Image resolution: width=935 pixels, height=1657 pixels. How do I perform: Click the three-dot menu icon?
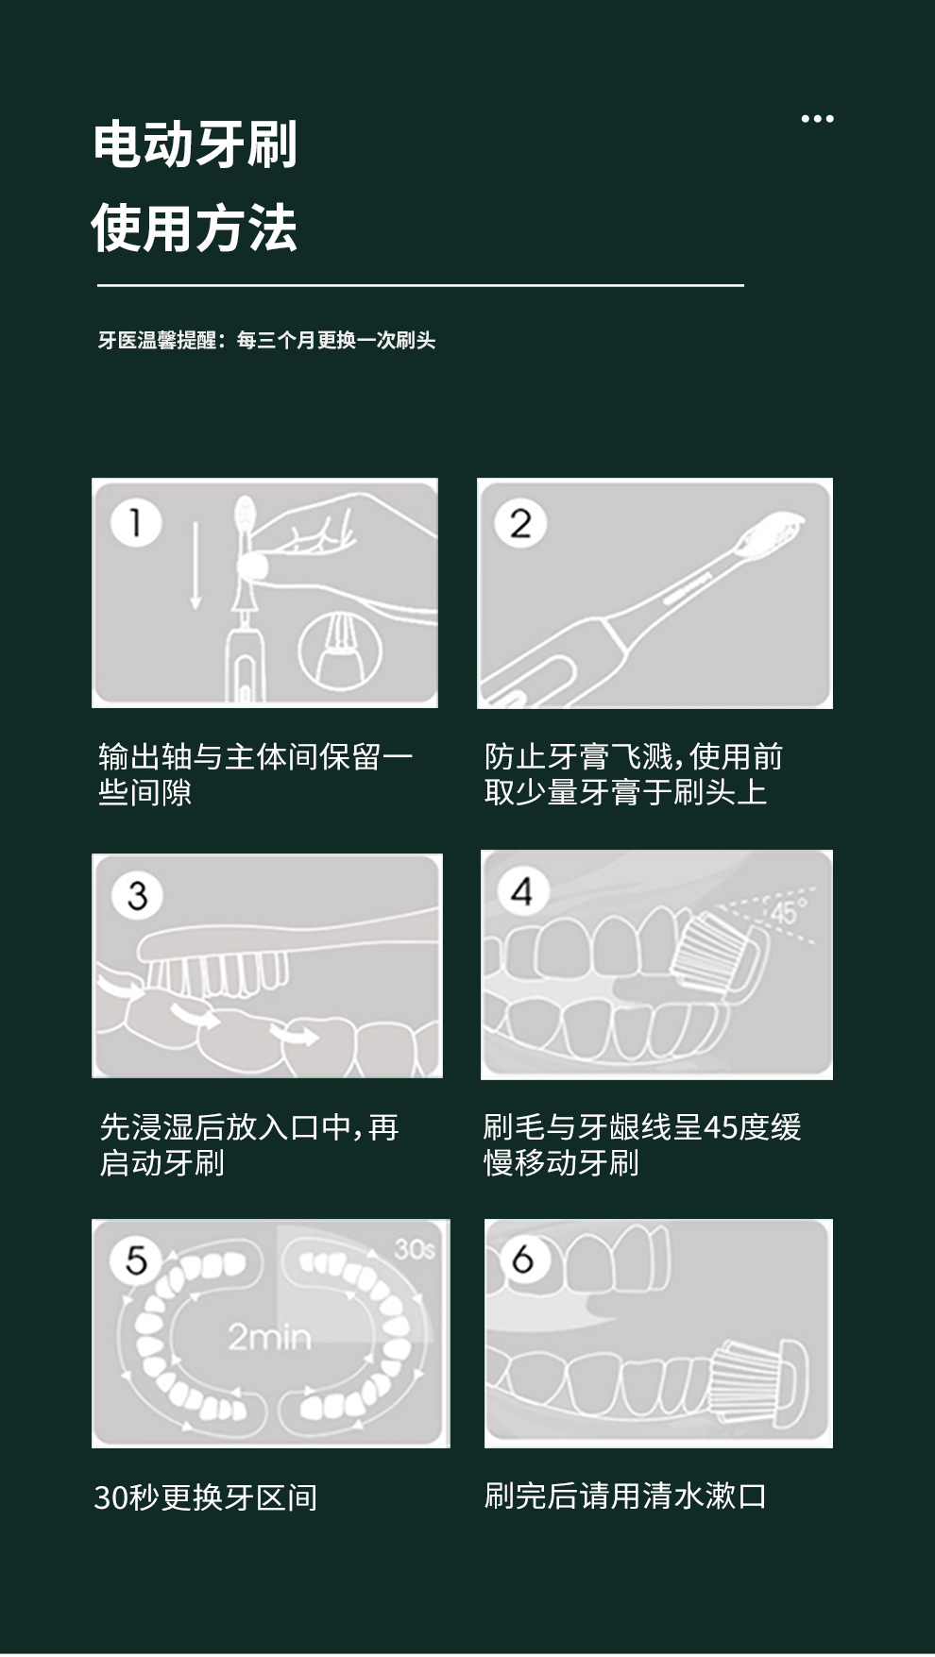[817, 119]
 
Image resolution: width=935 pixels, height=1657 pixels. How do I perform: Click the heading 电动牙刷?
[195, 144]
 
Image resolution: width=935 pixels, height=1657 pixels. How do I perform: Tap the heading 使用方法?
[195, 228]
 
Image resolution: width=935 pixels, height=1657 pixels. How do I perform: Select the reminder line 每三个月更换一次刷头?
[336, 340]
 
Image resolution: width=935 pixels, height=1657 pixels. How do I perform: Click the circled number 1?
[136, 522]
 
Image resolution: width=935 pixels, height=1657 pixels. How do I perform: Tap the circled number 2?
[520, 523]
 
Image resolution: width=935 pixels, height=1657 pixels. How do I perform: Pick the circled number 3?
[138, 894]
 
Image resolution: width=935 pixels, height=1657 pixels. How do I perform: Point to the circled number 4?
[522, 891]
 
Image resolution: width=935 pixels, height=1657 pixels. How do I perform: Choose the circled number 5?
[137, 1260]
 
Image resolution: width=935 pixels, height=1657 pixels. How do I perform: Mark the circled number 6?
[522, 1258]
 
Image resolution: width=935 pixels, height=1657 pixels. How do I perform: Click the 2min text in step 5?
[269, 1337]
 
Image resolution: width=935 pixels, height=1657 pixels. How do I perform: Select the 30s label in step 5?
[415, 1249]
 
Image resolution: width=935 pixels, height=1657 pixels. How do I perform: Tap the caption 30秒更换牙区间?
[206, 1497]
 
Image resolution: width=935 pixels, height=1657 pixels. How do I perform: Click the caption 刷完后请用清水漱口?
[625, 1496]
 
